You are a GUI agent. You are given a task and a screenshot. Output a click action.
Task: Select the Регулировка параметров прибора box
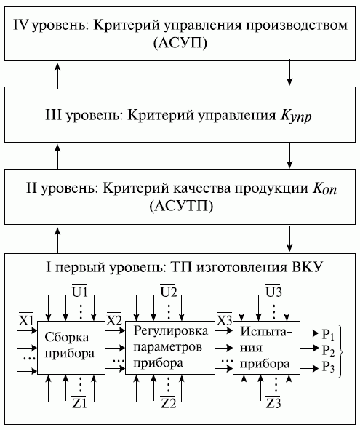pos(169,346)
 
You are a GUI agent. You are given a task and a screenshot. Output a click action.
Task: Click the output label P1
pos(329,335)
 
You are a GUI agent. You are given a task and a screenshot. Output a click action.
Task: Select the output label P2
pos(329,351)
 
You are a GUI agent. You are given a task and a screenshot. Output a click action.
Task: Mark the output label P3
pos(329,367)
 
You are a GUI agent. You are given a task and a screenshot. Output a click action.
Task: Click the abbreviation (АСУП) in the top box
pos(180,43)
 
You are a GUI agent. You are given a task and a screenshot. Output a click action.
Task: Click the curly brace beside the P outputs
pos(345,351)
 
